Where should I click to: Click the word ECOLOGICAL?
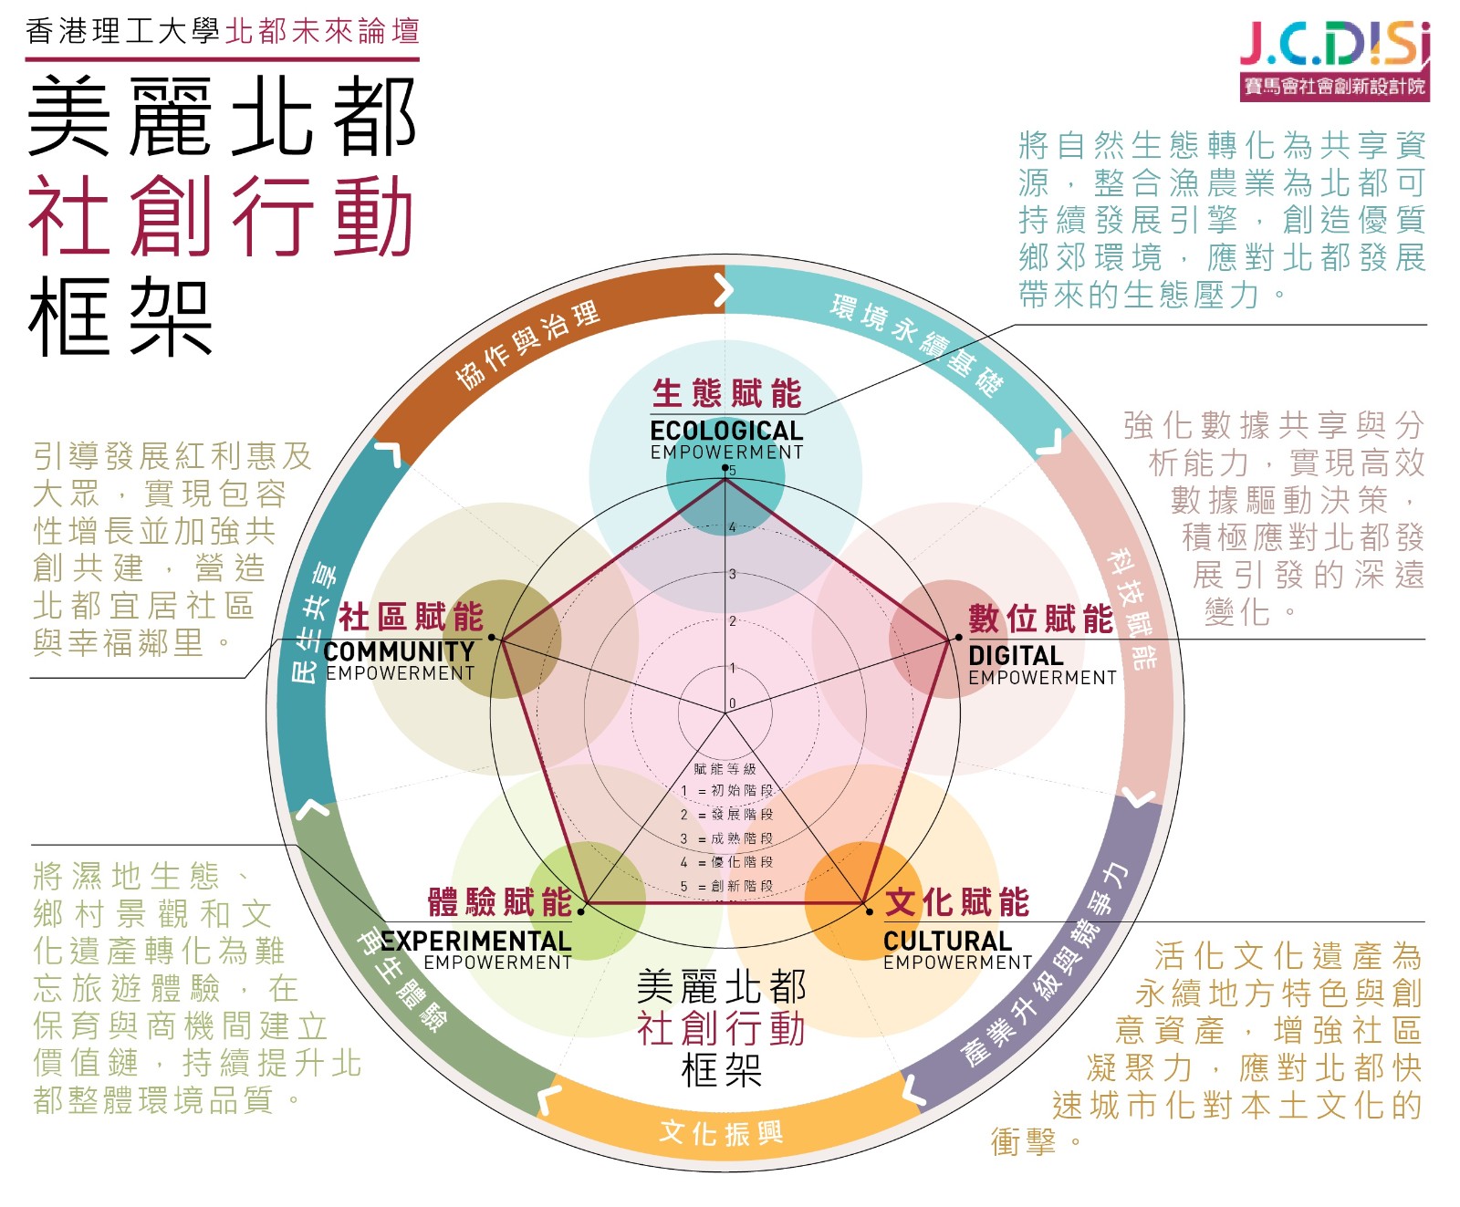point(726,431)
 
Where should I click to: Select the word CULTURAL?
point(947,941)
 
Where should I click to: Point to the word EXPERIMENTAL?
point(476,941)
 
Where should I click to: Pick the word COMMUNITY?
point(399,651)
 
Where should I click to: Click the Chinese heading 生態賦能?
point(726,394)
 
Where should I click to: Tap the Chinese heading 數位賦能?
point(1041,619)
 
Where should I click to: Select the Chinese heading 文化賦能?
point(957,902)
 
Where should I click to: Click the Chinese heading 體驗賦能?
point(500,902)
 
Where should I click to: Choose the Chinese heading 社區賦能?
point(411,617)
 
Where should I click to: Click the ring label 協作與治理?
point(527,345)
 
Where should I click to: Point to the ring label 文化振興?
point(721,1133)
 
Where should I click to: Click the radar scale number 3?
point(732,574)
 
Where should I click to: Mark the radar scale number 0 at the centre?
point(732,703)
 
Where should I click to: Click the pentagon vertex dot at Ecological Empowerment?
point(725,469)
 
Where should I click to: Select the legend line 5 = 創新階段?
point(726,886)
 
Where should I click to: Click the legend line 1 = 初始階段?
point(726,790)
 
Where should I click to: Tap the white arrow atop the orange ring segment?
point(724,290)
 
